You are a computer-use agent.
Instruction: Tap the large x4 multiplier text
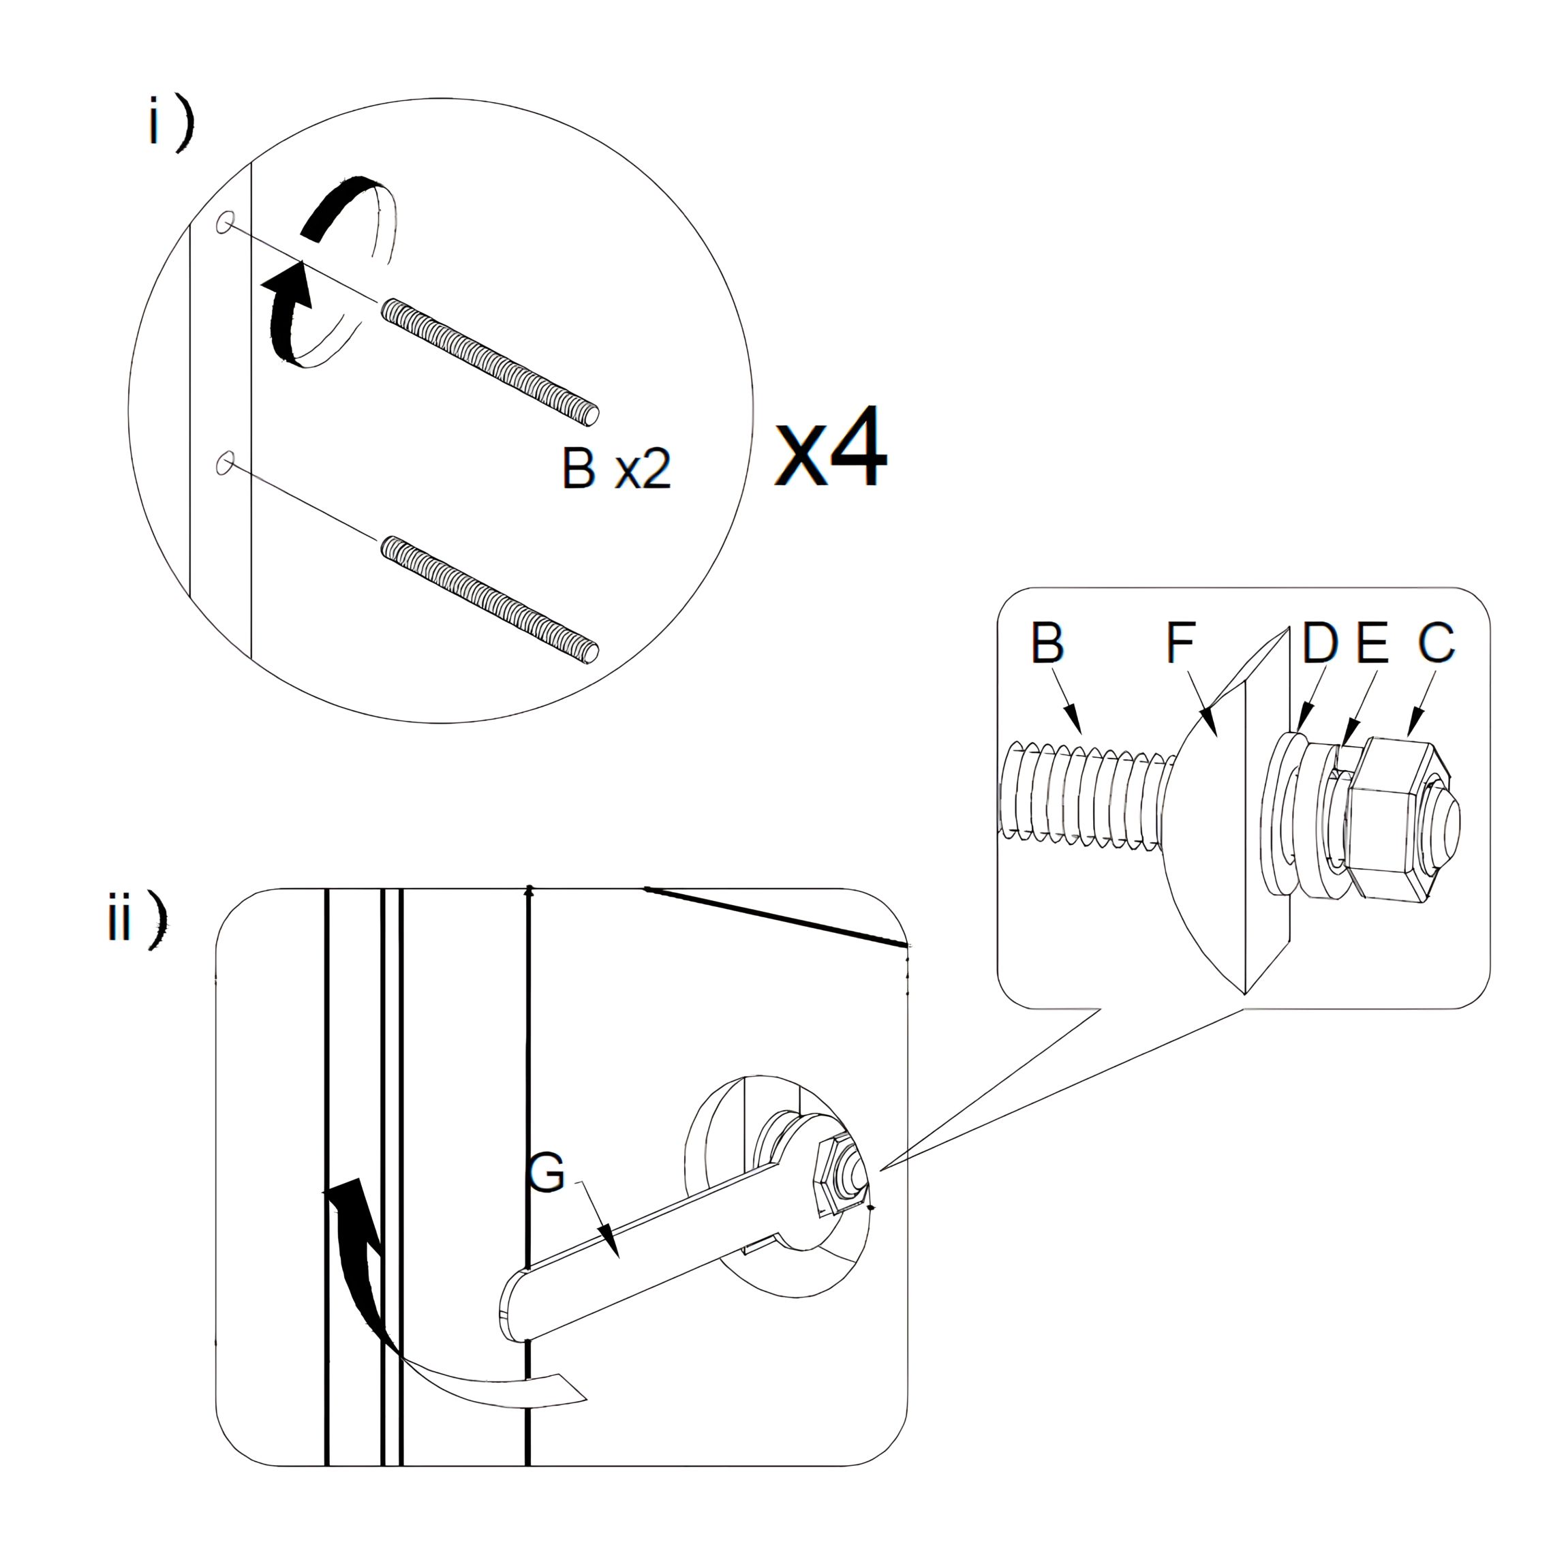(831, 448)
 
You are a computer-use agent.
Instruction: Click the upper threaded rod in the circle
(491, 360)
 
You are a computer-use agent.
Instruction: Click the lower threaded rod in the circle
(491, 598)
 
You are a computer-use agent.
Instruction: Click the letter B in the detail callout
(1047, 643)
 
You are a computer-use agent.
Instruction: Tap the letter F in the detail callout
(1180, 642)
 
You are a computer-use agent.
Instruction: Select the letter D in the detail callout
(1319, 643)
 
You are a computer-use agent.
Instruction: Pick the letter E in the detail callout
(1372, 643)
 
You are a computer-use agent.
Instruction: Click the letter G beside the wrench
(547, 1173)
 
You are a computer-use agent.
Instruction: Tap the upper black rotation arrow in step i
(341, 206)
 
